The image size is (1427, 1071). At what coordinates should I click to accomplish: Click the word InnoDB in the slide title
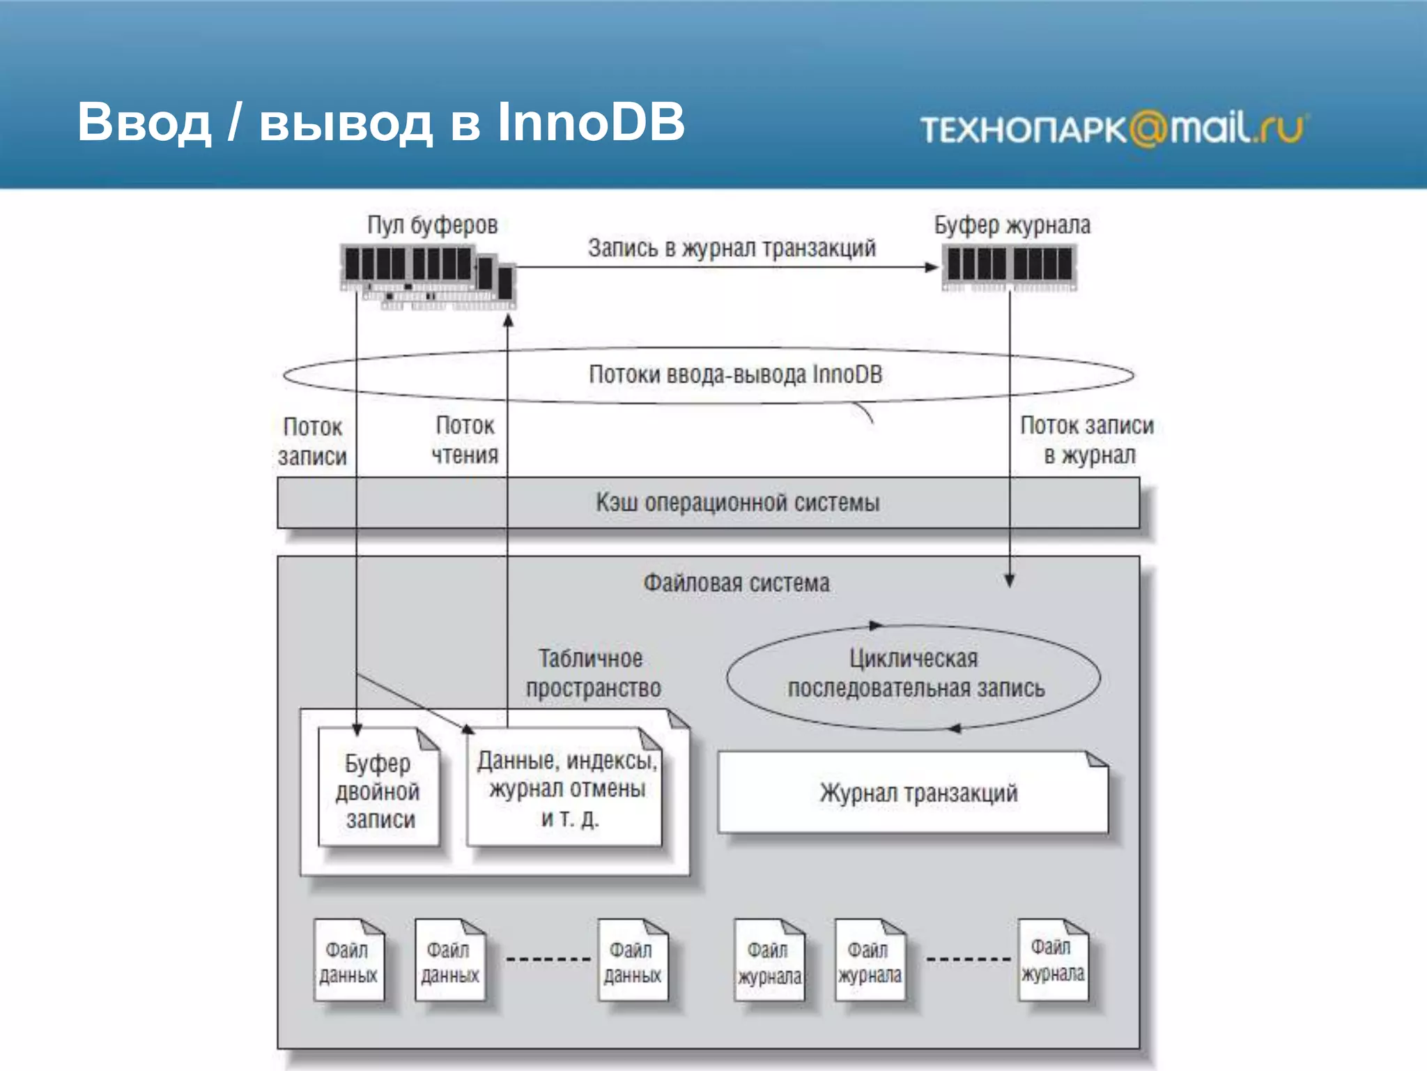click(591, 122)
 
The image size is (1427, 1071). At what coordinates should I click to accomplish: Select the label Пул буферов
click(432, 225)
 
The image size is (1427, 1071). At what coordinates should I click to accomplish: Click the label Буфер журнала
click(1012, 225)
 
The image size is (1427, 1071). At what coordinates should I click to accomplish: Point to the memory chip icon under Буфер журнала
click(1009, 266)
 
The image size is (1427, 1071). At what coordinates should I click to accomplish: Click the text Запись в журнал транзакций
click(732, 248)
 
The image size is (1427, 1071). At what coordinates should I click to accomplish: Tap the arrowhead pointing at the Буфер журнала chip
click(932, 267)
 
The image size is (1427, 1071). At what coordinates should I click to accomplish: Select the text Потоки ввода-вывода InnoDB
click(736, 374)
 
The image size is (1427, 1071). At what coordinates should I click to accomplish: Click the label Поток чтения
click(465, 440)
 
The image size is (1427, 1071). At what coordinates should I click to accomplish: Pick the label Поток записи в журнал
click(1087, 440)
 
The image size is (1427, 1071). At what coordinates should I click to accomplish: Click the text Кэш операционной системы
click(737, 503)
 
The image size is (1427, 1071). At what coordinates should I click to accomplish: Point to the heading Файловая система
click(736, 583)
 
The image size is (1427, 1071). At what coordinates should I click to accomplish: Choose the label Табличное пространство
click(592, 673)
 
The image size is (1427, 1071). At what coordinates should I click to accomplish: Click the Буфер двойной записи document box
click(378, 791)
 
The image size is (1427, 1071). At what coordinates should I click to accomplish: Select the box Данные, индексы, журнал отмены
click(566, 789)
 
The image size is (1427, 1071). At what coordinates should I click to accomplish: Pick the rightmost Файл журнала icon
click(1052, 961)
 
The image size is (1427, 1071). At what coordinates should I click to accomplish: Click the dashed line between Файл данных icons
click(548, 959)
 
